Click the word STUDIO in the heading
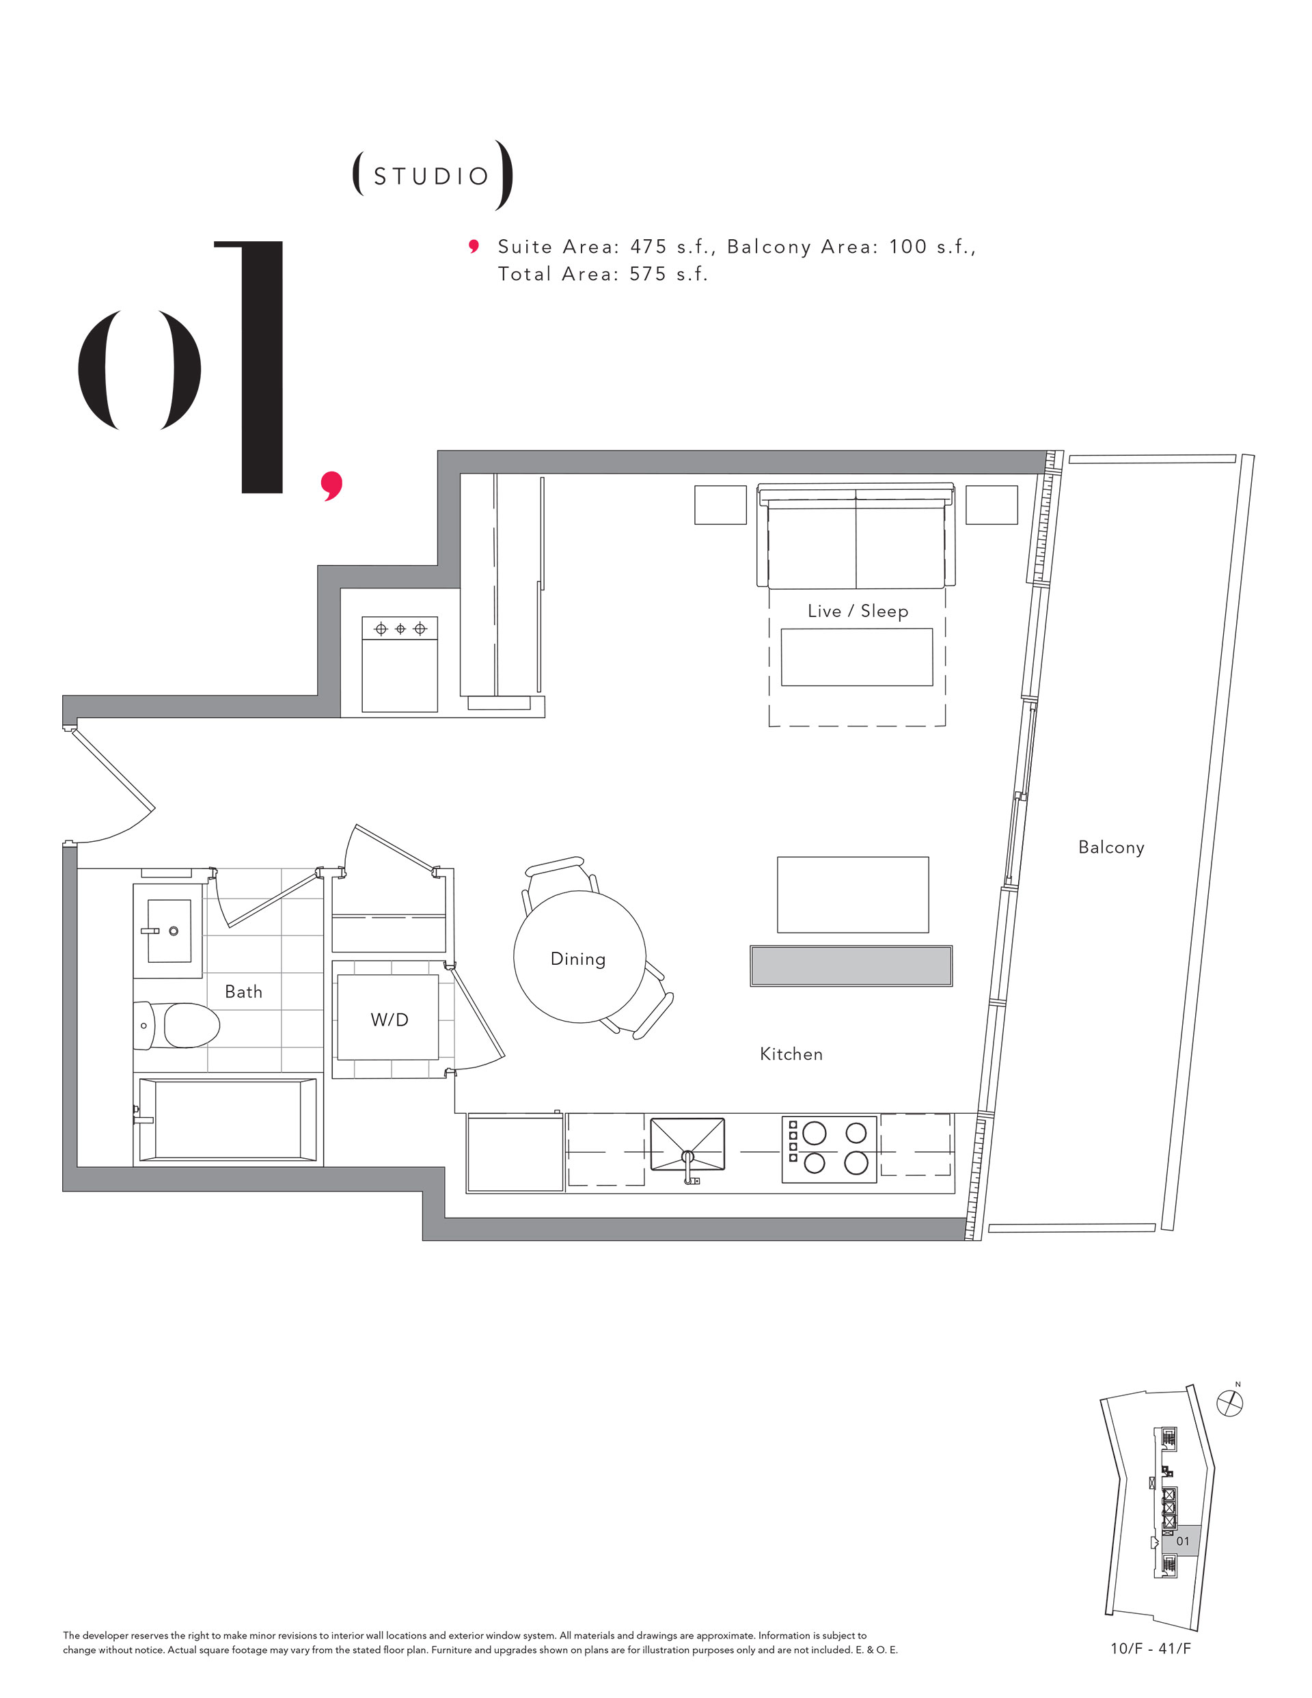431,176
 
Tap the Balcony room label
1110,847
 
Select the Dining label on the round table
578,959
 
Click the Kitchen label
791,1054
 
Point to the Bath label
243,991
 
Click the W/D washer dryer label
389,1019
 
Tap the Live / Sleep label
857,611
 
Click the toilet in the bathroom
176,1025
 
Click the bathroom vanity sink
169,931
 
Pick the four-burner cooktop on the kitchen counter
829,1149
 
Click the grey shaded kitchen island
851,966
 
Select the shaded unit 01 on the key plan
1182,1540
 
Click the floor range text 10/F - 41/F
1150,1648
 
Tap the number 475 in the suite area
648,247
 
